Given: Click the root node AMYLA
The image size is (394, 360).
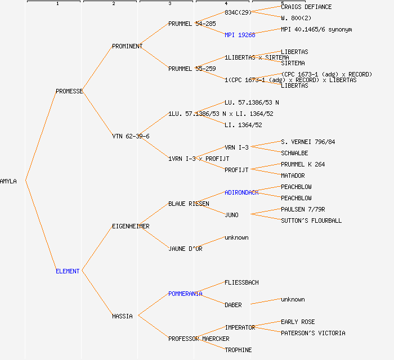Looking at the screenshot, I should coord(8,181).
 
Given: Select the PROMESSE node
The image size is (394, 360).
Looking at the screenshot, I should coord(69,91).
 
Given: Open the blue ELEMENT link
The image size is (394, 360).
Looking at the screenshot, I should coord(68,271).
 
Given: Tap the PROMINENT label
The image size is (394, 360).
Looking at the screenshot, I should coord(127,46).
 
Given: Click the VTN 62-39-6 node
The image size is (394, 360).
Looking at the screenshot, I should coord(131,136).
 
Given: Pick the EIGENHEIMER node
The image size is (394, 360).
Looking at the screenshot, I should coord(131,226).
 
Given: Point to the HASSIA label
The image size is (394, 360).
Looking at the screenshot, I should coord(122,316).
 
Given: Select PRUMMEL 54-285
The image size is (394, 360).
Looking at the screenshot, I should coord(192,24).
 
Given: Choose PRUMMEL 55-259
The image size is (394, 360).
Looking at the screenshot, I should coord(192,69).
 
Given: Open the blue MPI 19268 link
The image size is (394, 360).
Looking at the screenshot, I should coord(240,35).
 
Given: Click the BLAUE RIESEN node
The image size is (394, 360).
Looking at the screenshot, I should coord(189,204).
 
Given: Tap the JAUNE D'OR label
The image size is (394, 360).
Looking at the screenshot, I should coord(185,249).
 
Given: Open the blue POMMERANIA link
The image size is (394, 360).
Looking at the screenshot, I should coord(185,294).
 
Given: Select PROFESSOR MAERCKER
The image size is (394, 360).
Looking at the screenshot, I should coord(199,339).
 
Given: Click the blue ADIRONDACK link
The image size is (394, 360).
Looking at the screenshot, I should coord(241,192).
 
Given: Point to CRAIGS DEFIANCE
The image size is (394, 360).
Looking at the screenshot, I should coord(306,7).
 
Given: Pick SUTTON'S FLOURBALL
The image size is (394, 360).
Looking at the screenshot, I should coord(311,220).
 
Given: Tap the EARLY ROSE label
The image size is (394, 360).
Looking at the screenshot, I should coord(298,322).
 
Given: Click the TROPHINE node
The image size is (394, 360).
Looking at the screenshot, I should coord(238,350).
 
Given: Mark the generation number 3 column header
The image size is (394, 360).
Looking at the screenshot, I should coord(169,4).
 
